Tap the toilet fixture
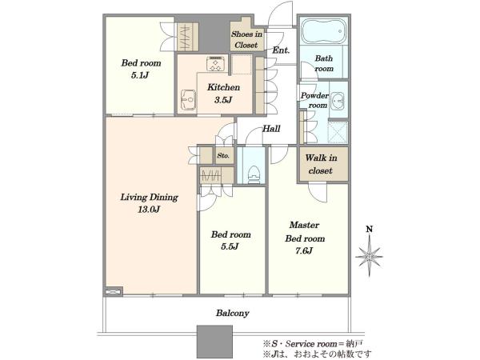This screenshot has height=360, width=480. pos(253,175)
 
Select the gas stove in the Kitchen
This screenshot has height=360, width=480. pos(216,64)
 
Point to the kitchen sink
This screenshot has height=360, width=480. pos(188,100)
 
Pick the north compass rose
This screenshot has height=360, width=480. pos(369,257)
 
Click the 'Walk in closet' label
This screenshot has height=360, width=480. pos(321,164)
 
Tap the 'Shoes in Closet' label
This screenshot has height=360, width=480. pos(246,39)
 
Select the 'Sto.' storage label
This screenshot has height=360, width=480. pos(223,155)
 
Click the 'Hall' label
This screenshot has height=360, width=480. pos(271,129)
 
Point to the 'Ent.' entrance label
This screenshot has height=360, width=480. pos(281,50)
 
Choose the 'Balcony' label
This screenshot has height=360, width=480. pos(232,313)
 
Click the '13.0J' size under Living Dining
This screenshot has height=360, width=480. pos(149,210)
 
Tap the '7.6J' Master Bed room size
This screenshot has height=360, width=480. pos(304,251)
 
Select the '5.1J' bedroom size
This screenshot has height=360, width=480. pos(140,75)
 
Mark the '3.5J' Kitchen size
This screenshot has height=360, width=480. pos(223,100)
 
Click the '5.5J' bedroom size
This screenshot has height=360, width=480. pos(230,246)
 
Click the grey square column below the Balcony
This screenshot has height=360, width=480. pos(214,342)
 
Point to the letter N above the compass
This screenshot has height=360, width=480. pos(370,229)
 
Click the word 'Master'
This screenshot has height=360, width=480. pos(304,225)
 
